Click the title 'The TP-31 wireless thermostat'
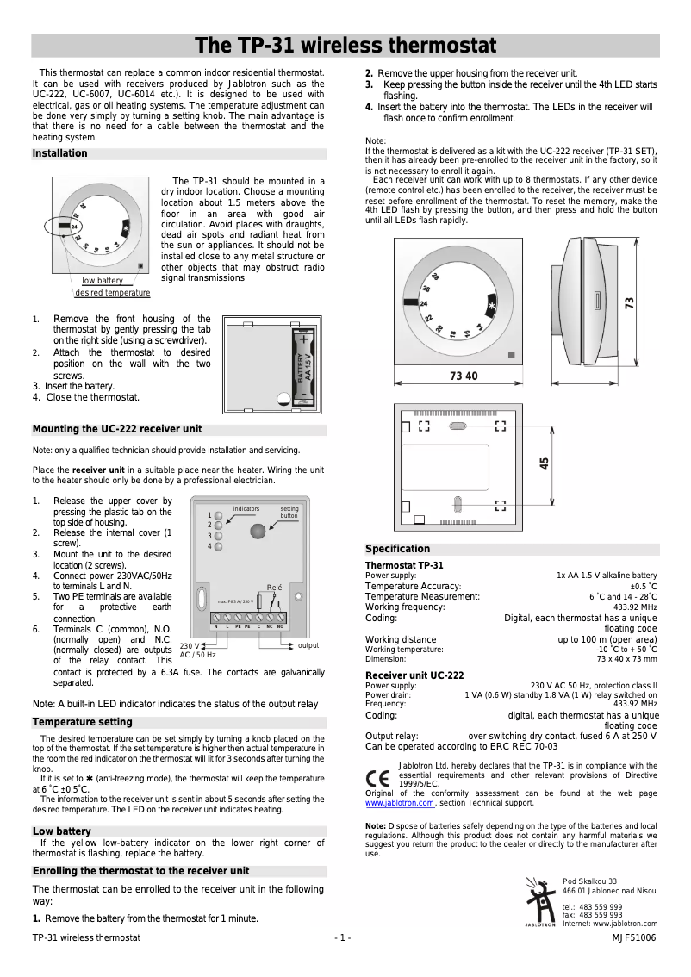click(x=345, y=46)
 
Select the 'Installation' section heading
click(x=60, y=154)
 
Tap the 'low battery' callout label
click(x=103, y=281)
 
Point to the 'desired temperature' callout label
click(x=112, y=293)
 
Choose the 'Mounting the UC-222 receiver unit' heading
click(x=117, y=430)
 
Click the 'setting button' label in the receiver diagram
click(x=289, y=513)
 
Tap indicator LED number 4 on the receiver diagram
click(x=219, y=546)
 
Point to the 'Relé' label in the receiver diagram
click(x=275, y=587)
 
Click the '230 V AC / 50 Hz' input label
click(x=197, y=650)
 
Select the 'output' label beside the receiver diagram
click(x=308, y=645)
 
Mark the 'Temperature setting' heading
click(x=83, y=722)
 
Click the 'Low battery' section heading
click(x=61, y=831)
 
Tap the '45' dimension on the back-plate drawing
click(x=545, y=464)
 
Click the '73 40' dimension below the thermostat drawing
click(x=464, y=376)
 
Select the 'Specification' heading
click(x=397, y=549)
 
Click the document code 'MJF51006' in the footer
click(x=634, y=937)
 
